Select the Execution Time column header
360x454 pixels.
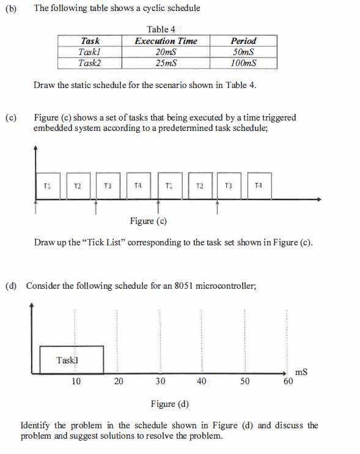[166, 41]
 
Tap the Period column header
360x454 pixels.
[243, 41]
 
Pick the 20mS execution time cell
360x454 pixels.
[166, 52]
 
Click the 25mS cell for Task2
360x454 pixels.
[166, 63]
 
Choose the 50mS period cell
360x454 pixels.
[243, 52]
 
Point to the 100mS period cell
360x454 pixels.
[243, 63]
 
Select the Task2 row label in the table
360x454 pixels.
[89, 63]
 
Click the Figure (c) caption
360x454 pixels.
[149, 221]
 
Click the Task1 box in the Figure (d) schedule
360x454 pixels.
[71, 360]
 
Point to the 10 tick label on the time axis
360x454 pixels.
[76, 381]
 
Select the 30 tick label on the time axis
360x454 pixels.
[160, 381]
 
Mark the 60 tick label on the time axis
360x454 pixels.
[288, 382]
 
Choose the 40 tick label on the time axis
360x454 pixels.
[202, 381]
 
